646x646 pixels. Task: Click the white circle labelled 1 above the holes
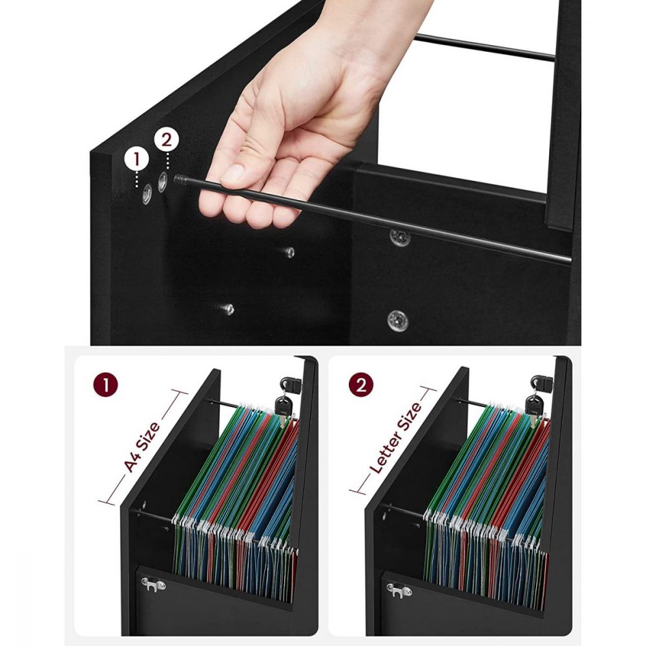(136, 160)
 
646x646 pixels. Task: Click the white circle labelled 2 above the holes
(167, 140)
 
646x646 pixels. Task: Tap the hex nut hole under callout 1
(147, 194)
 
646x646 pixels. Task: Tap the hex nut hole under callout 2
(163, 182)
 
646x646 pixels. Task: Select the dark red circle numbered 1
(105, 386)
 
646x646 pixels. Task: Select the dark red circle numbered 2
(361, 386)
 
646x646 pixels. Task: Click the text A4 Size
(141, 446)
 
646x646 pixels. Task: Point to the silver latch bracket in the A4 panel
(153, 584)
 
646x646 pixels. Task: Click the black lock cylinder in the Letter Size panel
(541, 383)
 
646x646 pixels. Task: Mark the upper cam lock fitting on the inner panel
(400, 238)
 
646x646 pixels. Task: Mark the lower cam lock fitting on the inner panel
(398, 320)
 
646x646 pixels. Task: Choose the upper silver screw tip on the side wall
(289, 252)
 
